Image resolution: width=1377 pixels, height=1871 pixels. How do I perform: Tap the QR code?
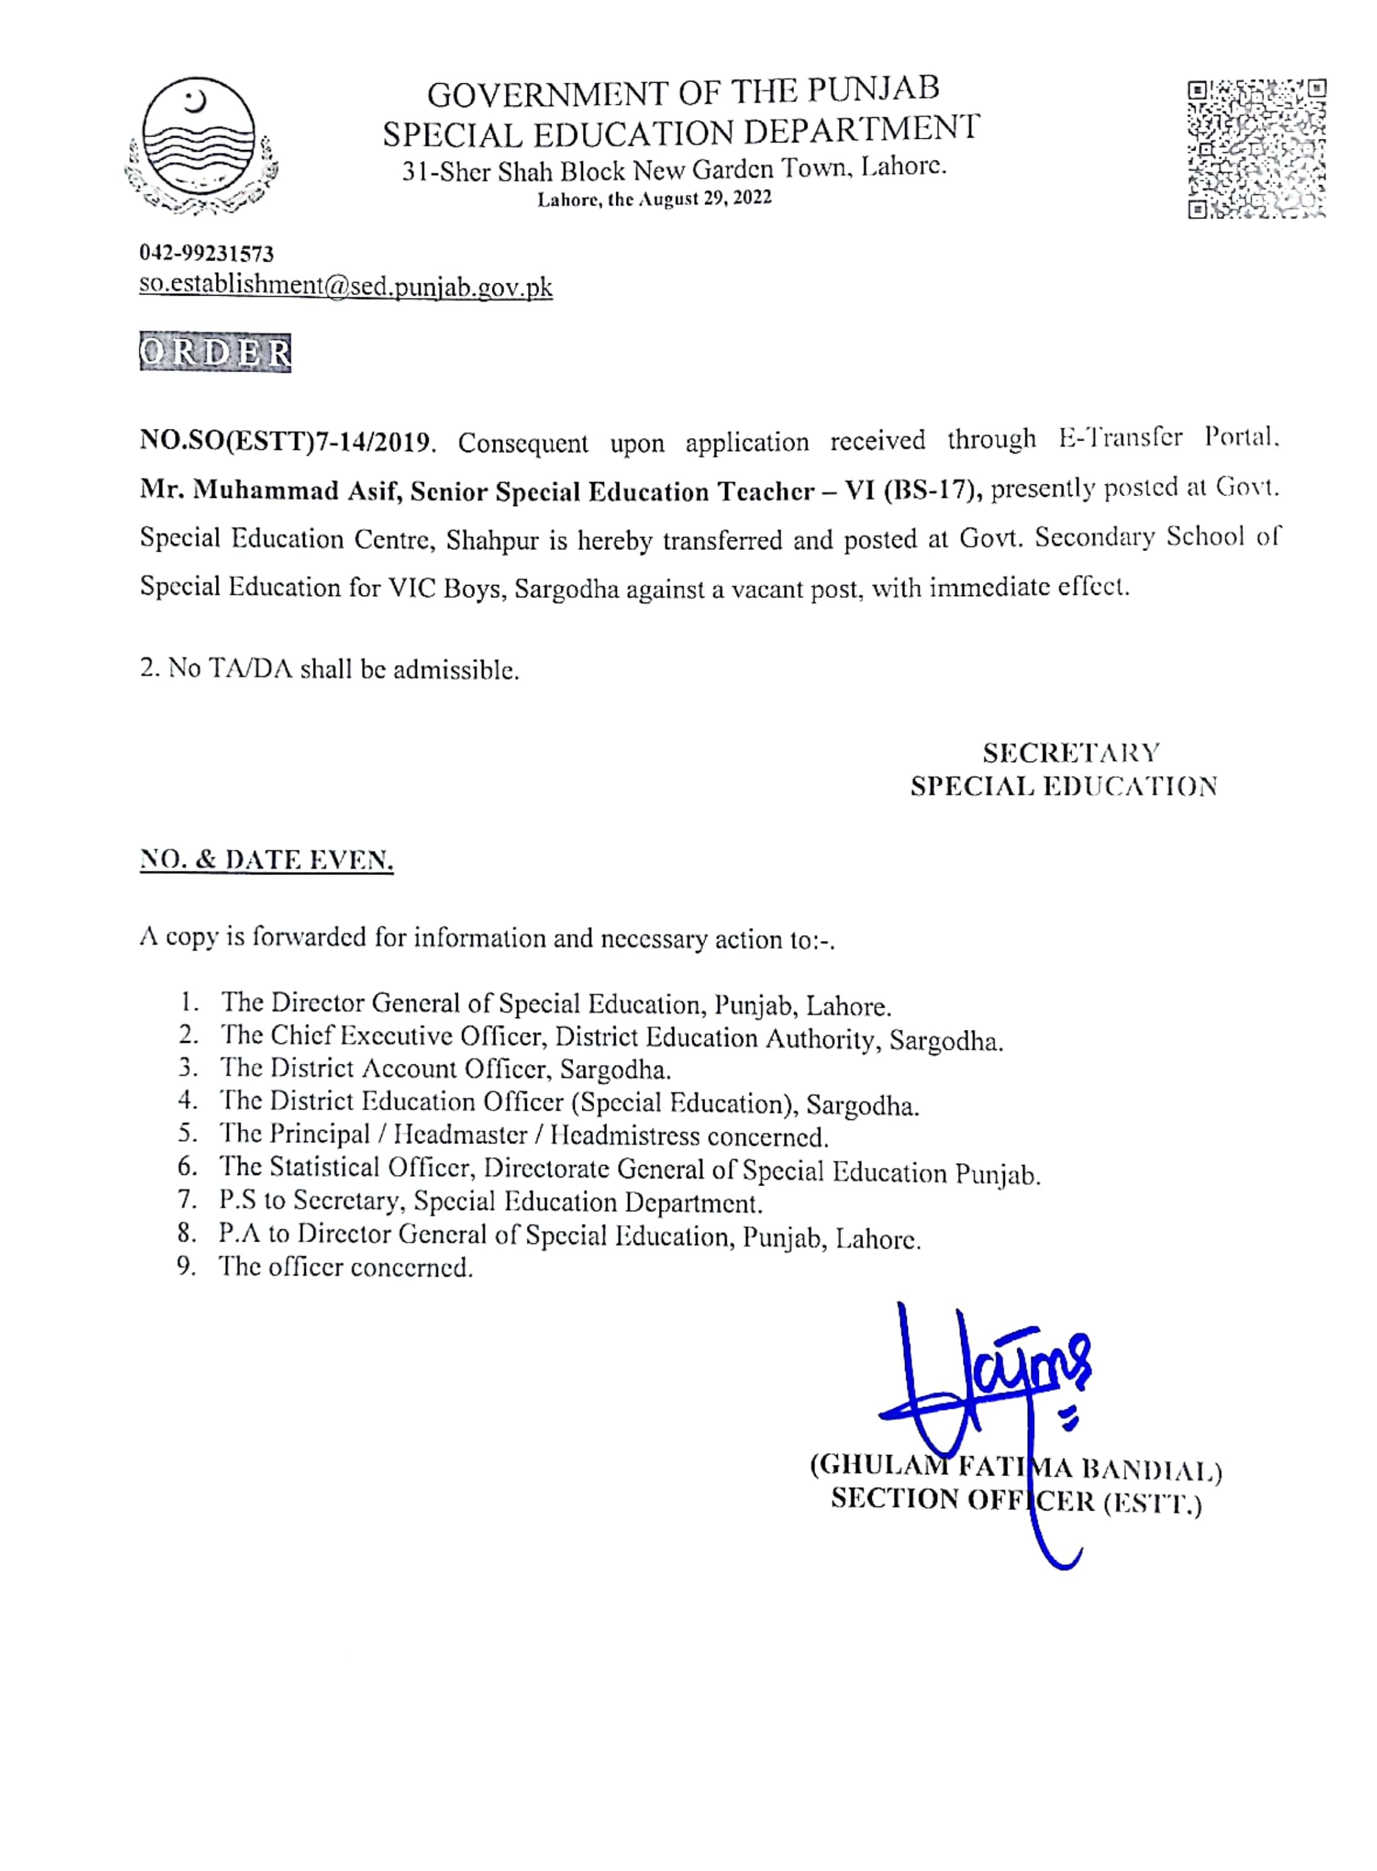point(1257,149)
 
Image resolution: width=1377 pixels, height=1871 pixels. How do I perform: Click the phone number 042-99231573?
point(207,252)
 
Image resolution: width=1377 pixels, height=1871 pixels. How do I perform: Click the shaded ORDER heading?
point(215,353)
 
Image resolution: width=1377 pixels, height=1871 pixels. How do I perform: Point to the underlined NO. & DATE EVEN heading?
point(266,860)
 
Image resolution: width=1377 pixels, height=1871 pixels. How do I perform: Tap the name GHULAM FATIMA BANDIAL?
point(1015,1467)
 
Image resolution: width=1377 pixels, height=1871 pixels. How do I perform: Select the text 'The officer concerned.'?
point(345,1267)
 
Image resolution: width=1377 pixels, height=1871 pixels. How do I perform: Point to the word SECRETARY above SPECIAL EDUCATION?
point(1070,753)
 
